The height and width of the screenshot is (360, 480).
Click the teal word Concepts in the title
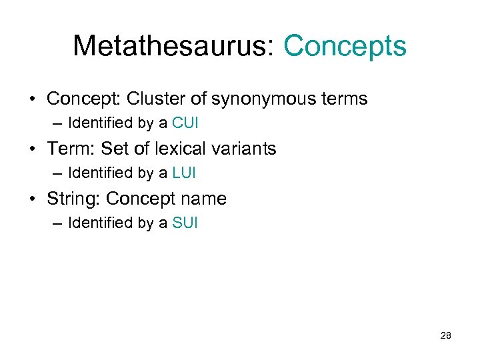click(x=345, y=46)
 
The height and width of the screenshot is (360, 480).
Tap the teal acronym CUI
click(x=185, y=123)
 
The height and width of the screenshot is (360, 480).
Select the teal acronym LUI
click(x=185, y=173)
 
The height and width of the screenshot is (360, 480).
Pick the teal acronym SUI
click(x=185, y=223)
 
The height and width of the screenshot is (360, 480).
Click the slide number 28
click(x=445, y=335)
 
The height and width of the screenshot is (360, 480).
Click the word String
click(x=72, y=199)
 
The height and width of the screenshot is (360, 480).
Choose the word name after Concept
click(x=204, y=199)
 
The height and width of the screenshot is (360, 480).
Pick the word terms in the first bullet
click(x=343, y=99)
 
